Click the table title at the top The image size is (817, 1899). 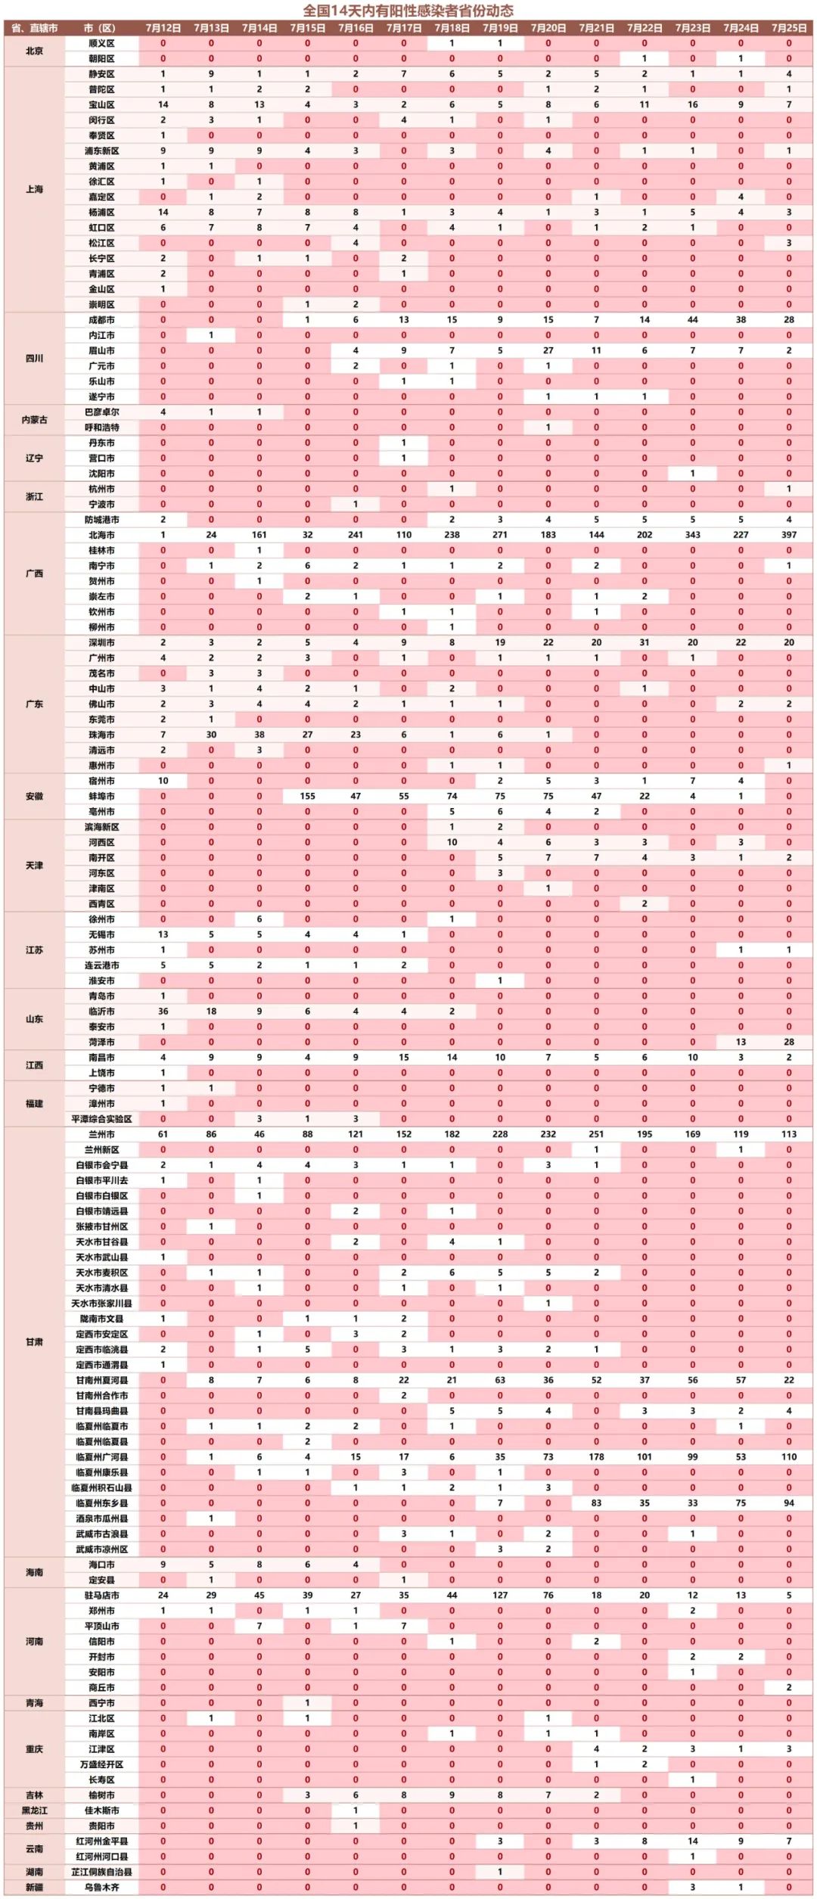408,11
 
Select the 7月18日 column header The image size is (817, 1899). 452,28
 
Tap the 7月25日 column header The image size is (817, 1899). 788,28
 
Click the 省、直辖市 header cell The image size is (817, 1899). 35,28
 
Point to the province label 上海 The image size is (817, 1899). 35,189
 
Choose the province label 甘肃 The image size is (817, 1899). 35,1341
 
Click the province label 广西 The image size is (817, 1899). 35,573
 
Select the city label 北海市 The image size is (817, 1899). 101,535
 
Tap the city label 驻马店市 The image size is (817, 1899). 101,1595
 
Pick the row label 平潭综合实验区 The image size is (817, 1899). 101,1119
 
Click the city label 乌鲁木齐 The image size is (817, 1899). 101,1887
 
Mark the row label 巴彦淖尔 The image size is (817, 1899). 101,412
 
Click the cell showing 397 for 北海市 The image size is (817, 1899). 788,535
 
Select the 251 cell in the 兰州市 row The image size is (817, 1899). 596,1134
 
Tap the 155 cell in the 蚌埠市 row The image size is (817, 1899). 307,796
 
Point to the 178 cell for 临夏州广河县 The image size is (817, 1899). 596,1456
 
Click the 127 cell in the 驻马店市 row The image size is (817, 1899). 500,1595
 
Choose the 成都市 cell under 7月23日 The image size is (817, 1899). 692,320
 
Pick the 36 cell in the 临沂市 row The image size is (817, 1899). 163,1012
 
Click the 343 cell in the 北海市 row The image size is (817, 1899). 692,535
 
